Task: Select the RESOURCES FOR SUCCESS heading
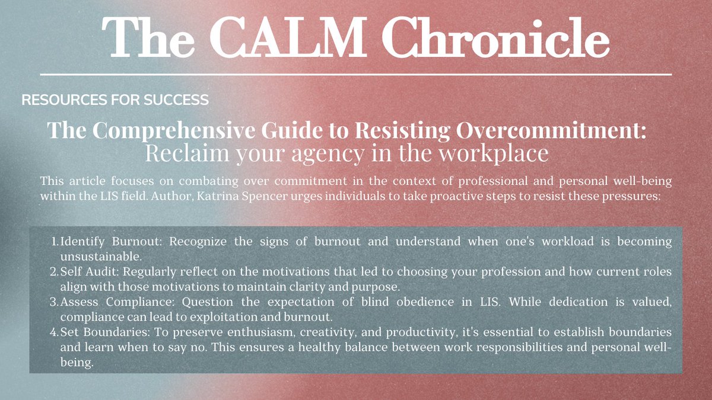tap(115, 100)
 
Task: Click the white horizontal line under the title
tap(356, 75)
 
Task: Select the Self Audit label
tap(84, 272)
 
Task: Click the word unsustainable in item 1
tap(98, 257)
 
